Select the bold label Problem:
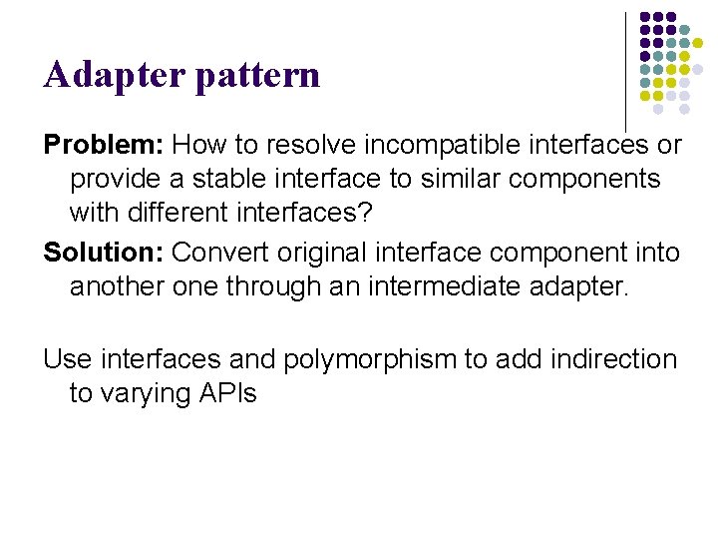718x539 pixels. click(x=104, y=145)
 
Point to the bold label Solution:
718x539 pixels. click(x=104, y=253)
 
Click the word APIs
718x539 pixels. click(x=228, y=393)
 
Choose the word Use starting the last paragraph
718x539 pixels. click(x=67, y=358)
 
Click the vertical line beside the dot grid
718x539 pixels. click(x=625, y=70)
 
